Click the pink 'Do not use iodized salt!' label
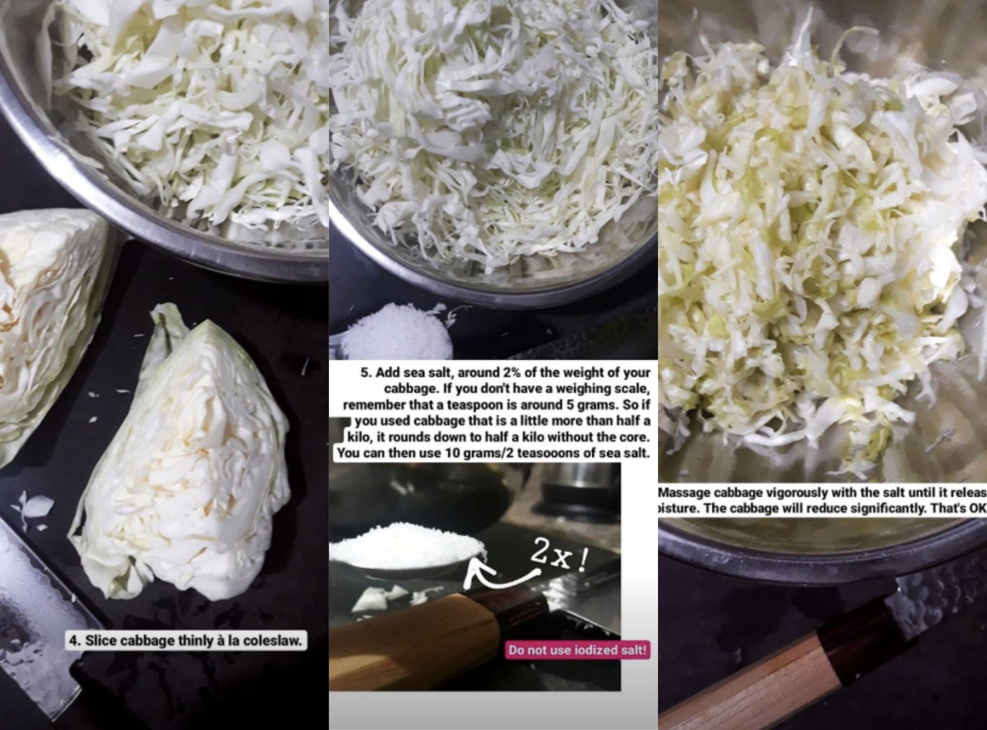click(x=577, y=650)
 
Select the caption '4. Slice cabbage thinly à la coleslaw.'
click(x=186, y=640)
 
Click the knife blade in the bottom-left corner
click(x=31, y=617)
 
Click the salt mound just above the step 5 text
click(x=398, y=332)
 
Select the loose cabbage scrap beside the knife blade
click(x=36, y=507)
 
